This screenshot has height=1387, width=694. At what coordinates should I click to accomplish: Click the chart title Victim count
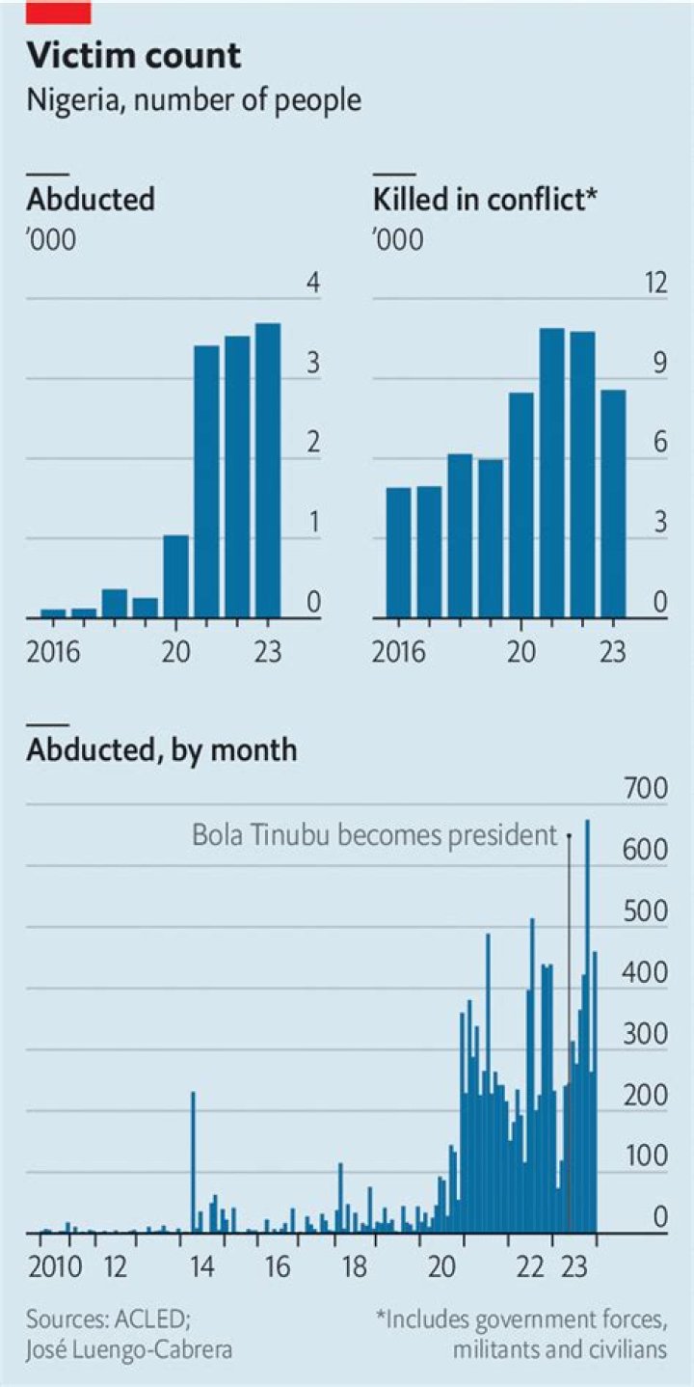[x=134, y=57]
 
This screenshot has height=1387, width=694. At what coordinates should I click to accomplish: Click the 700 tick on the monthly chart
[x=646, y=788]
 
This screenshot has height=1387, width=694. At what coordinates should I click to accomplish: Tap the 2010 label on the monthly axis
[x=43, y=1265]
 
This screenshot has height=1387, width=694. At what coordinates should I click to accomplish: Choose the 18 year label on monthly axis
[x=355, y=1265]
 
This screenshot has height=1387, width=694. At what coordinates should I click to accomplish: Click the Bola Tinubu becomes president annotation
[x=375, y=834]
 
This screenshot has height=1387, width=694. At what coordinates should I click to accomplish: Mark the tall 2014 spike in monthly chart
[x=193, y=1162]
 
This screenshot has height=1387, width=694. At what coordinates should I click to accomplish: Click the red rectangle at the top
[x=59, y=12]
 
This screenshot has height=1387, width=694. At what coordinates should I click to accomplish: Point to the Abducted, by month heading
[x=162, y=749]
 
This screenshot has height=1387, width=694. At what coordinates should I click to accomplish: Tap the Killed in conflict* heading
[x=485, y=200]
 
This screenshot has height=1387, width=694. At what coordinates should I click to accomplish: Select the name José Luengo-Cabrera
[x=129, y=1349]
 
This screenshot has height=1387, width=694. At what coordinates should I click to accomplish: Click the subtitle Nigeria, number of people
[x=194, y=99]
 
